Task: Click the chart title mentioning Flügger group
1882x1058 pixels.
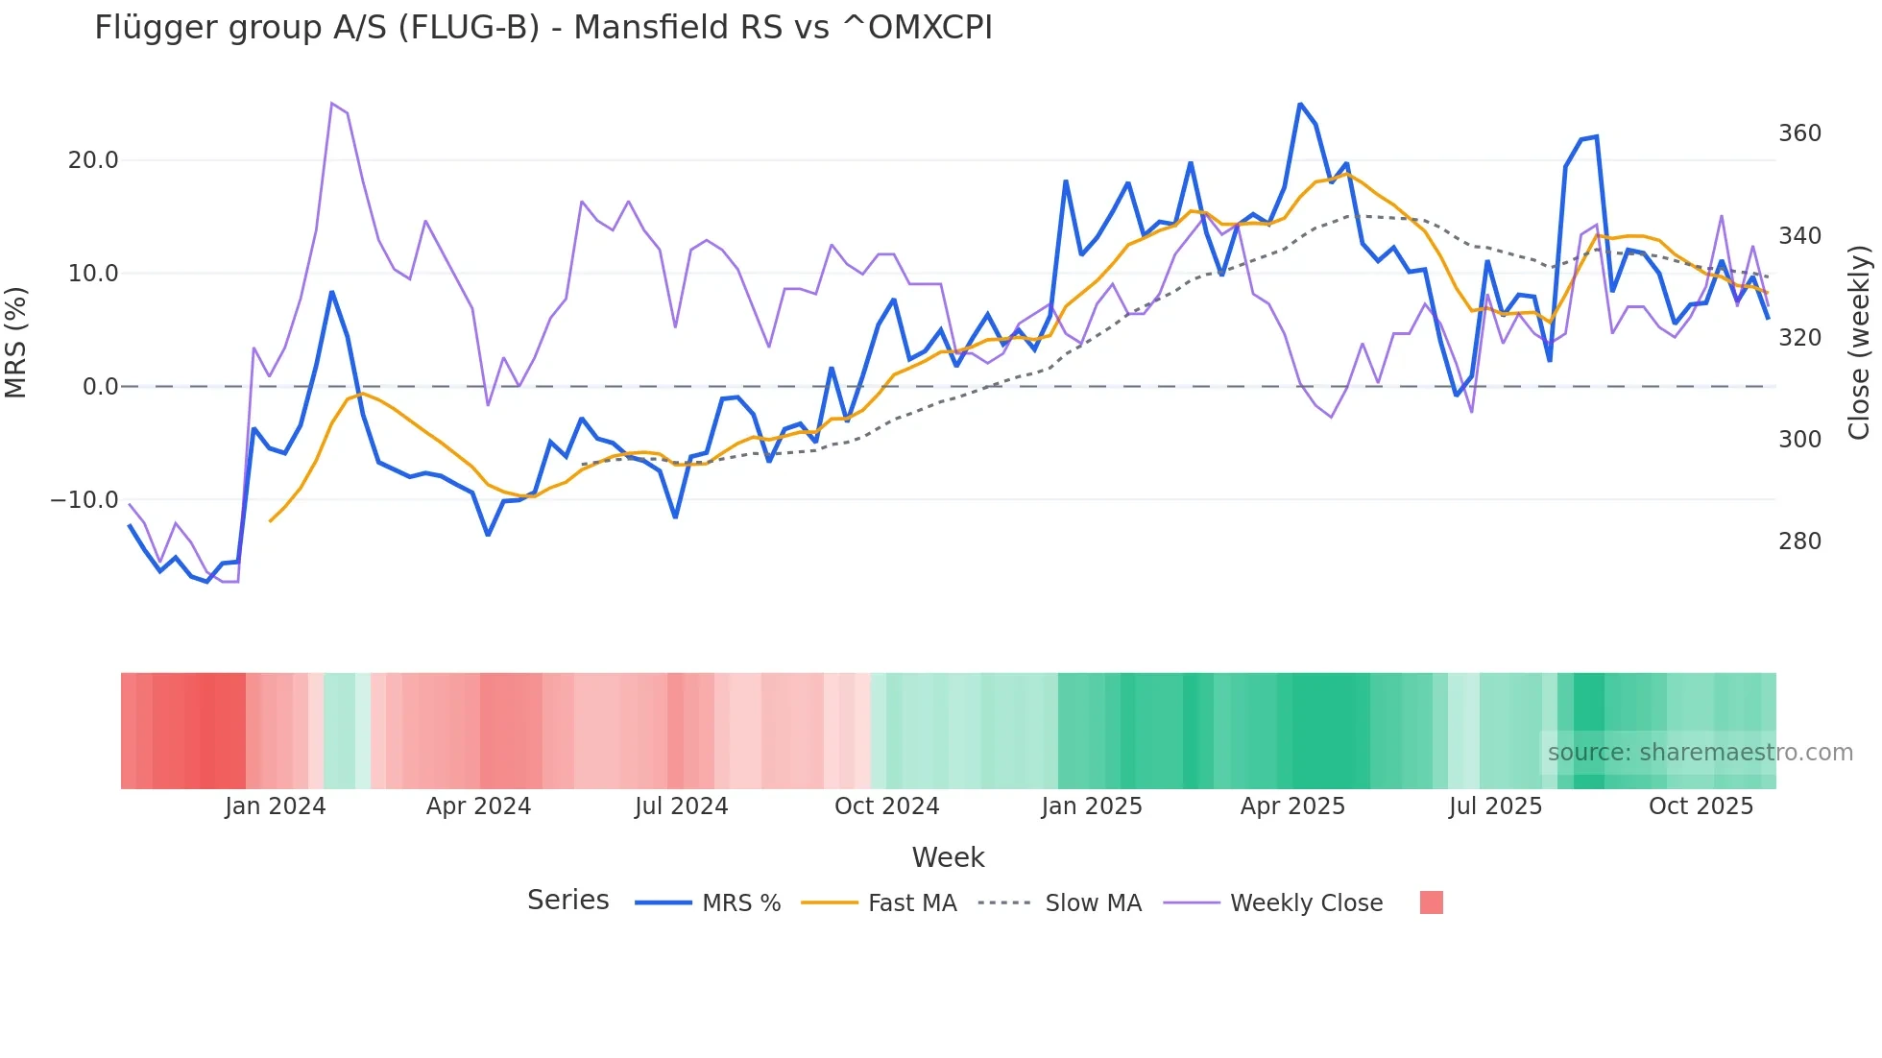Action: (x=543, y=28)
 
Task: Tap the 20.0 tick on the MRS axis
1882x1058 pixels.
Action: (x=93, y=160)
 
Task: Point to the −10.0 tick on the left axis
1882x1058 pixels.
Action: (x=84, y=500)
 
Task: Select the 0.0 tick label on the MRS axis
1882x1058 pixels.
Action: (x=100, y=387)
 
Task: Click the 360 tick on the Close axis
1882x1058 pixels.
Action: (x=1799, y=133)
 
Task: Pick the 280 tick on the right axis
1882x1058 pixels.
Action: (x=1799, y=541)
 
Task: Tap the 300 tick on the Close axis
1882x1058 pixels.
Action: (x=1799, y=440)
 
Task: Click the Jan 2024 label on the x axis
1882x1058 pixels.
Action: (x=276, y=806)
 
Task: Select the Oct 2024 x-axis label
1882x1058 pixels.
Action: (x=886, y=806)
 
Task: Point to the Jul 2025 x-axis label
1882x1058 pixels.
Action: (x=1495, y=806)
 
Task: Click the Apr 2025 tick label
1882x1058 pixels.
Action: (x=1292, y=806)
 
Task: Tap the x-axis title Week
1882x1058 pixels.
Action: (x=948, y=857)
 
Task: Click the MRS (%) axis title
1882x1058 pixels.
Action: (x=16, y=342)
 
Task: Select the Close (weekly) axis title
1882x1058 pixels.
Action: (x=1859, y=342)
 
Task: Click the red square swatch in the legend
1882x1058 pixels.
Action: (x=1431, y=902)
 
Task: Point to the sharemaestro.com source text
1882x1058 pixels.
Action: (x=1700, y=753)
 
